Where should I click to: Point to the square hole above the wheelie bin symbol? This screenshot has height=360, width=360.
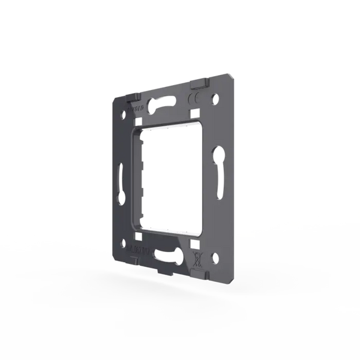[194, 245]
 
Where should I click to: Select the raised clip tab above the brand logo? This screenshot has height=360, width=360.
[130, 98]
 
